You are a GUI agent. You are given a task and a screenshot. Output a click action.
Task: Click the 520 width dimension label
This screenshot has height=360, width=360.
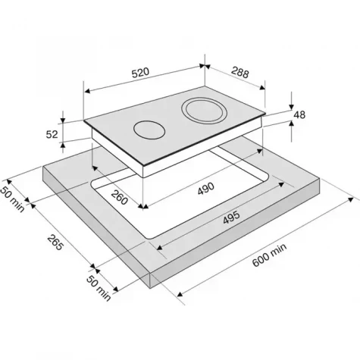[x=141, y=73]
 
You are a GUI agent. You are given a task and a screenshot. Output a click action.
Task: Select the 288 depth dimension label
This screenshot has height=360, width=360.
[x=240, y=72]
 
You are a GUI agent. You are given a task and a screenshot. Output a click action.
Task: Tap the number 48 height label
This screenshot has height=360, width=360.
[x=299, y=114]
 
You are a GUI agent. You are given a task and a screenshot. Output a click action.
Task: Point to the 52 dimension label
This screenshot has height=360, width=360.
[x=52, y=134]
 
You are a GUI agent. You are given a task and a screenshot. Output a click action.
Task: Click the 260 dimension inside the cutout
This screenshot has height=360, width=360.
[x=119, y=197]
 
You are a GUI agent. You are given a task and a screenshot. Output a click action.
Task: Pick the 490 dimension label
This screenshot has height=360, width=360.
[x=206, y=189]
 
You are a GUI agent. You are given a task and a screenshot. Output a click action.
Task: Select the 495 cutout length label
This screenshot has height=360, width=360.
[x=231, y=218]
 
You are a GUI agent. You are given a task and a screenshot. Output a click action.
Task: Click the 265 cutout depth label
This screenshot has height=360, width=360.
[x=55, y=243]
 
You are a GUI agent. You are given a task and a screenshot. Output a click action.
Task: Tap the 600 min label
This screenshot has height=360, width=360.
[x=270, y=255]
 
